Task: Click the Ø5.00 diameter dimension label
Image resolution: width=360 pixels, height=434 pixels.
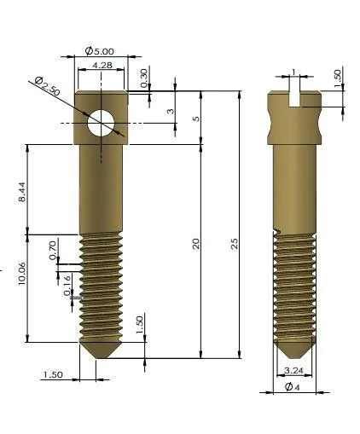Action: (x=101, y=51)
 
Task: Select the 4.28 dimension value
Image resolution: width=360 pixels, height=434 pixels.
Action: (x=101, y=66)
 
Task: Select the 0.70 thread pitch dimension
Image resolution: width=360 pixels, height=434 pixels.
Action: (x=53, y=250)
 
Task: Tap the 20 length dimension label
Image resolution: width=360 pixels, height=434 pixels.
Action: (x=197, y=245)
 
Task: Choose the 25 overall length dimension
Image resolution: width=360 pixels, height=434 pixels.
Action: (x=234, y=243)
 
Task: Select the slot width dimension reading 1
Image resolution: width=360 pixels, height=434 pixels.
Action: (x=292, y=72)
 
